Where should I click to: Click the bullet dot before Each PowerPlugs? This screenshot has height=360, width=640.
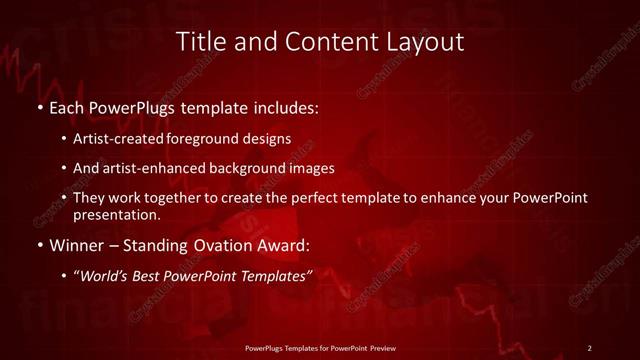click(x=39, y=105)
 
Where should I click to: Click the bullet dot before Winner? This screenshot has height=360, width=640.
click(x=39, y=245)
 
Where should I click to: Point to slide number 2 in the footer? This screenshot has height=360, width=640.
click(x=590, y=347)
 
